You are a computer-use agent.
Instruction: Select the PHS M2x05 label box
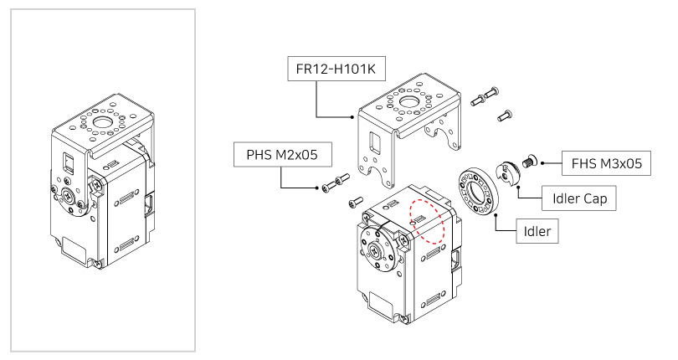(281, 154)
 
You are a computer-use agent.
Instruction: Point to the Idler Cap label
(580, 198)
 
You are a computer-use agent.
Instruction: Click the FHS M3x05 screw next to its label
(528, 160)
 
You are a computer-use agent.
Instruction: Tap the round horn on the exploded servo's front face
(378, 252)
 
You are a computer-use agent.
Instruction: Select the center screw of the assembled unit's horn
(68, 198)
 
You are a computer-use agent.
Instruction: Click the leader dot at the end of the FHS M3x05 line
(543, 163)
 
